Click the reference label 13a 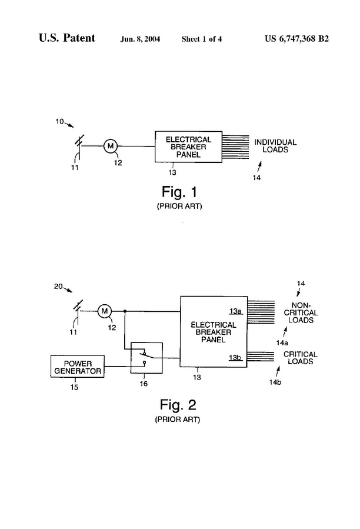(x=235, y=311)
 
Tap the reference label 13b (x=235, y=358)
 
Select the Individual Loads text (x=275, y=146)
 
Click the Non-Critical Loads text (x=301, y=312)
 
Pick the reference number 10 (x=59, y=121)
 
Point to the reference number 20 (x=58, y=287)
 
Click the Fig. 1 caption (x=179, y=192)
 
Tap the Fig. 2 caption (x=178, y=404)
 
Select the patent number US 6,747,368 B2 (x=296, y=38)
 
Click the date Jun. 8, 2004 (x=140, y=39)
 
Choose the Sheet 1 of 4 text (x=201, y=39)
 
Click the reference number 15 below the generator (x=74, y=387)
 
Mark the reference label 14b (x=275, y=382)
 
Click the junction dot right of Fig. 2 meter (x=125, y=311)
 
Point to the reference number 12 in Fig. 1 (x=118, y=162)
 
